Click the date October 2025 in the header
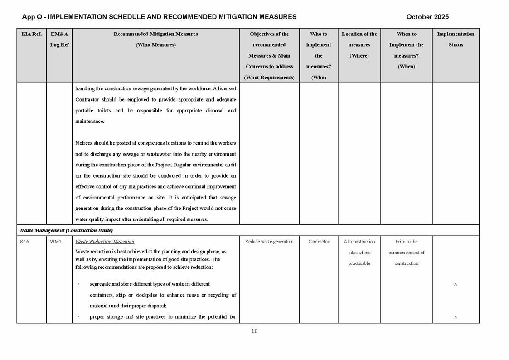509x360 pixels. coord(427,17)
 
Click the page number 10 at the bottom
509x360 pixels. coord(254,331)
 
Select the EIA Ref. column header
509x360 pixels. coord(31,34)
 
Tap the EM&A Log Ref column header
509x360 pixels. coord(59,39)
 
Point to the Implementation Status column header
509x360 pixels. coord(456,39)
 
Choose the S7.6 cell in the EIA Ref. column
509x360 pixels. coord(25,242)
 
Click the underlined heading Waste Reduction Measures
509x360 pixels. coord(105,242)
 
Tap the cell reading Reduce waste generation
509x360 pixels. coord(269,242)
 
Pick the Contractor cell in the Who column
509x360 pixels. coord(319,242)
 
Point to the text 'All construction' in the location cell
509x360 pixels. coord(359,242)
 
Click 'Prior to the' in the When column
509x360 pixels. coord(407,242)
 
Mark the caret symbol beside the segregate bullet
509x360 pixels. coord(456,285)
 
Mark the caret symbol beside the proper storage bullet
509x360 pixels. coord(456,317)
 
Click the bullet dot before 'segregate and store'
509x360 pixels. coord(78,284)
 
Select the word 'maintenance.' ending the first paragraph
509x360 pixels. coord(90,122)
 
